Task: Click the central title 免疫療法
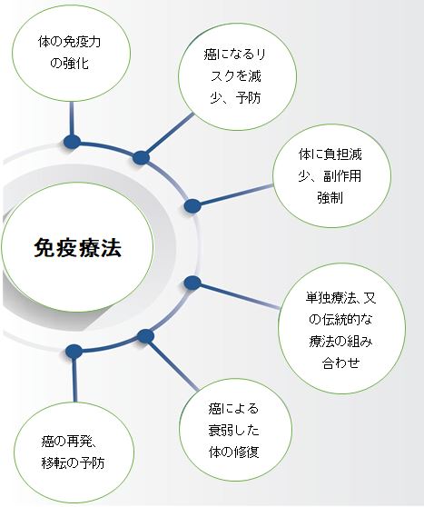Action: pos(78,248)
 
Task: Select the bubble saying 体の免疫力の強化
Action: pos(71,53)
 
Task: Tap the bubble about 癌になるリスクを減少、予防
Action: pos(237,76)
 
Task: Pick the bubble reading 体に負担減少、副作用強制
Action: pos(332,176)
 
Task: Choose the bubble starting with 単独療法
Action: pos(341,329)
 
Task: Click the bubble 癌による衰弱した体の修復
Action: pos(235,430)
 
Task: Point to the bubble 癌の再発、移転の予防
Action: pos(74,452)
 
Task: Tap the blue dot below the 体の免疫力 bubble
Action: pos(72,142)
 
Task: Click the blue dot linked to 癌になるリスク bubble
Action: pos(141,158)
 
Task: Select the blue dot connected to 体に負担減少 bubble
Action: pos(192,206)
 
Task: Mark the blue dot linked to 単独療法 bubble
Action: pos(192,283)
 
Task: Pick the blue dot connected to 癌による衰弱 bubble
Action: pos(145,336)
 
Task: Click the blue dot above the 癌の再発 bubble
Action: pos(74,351)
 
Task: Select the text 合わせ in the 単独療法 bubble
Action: pos(341,363)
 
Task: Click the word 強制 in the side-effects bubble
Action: pos(330,197)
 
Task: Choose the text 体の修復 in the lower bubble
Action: pos(234,452)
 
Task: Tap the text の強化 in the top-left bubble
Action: pos(69,63)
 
